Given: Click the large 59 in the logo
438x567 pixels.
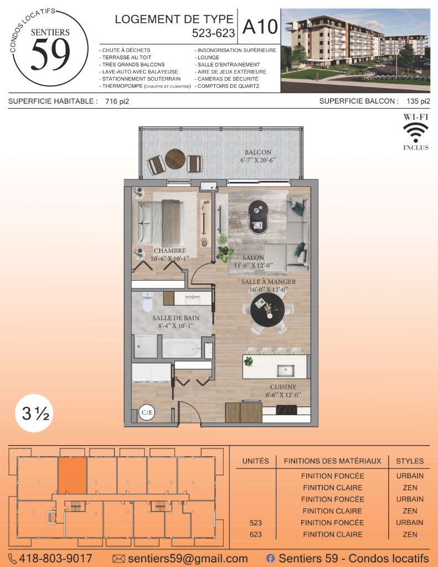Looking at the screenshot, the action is pos(50,54).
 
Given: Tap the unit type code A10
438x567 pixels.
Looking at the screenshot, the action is pos(260,27).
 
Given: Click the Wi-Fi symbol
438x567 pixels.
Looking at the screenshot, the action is pos(416,132).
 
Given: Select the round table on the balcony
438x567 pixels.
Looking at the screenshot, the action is pos(175,159).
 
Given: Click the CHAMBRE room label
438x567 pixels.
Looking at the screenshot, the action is pos(169,251).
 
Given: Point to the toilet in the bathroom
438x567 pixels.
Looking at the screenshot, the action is pos(147,302).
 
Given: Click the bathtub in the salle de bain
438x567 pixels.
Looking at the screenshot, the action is pos(181,348).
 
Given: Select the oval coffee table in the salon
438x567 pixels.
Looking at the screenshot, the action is pos(258,217).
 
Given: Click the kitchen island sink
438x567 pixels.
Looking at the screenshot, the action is pos(285,370).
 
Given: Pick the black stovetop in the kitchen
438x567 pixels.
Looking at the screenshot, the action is pos(286,410).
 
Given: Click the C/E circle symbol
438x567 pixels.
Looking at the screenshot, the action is pos(147,413).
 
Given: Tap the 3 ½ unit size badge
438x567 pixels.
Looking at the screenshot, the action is pos(35,413).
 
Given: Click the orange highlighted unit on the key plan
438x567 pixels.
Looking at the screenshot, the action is pos(73,476).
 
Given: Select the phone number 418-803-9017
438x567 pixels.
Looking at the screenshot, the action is pos(55,558).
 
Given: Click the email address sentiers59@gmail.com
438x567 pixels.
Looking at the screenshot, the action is pos(188,558).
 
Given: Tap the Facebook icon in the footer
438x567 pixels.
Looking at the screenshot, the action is pos(270,558).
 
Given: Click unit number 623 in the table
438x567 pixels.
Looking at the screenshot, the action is pos(256,534).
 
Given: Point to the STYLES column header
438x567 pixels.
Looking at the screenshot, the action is pos(410,461).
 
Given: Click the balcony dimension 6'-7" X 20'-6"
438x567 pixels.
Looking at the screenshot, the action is pos(258,160).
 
